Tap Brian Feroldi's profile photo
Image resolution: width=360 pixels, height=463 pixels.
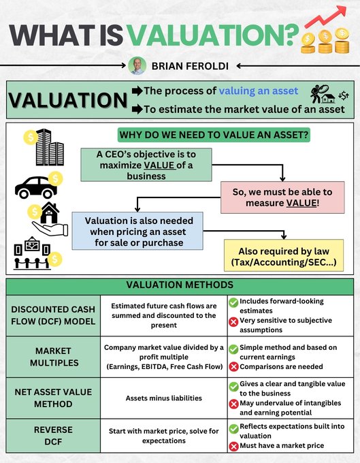137,65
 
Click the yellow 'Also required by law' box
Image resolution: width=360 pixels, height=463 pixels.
284,255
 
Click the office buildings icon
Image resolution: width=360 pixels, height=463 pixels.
49,147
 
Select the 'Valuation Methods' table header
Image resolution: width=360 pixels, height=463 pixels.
180,285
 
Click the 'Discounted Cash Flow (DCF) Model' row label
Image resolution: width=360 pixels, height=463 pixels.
53,315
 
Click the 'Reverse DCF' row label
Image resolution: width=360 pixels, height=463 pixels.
53,436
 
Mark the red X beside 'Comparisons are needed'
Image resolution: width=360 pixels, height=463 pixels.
233,368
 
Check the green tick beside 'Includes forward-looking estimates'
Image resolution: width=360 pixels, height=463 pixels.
233,302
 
